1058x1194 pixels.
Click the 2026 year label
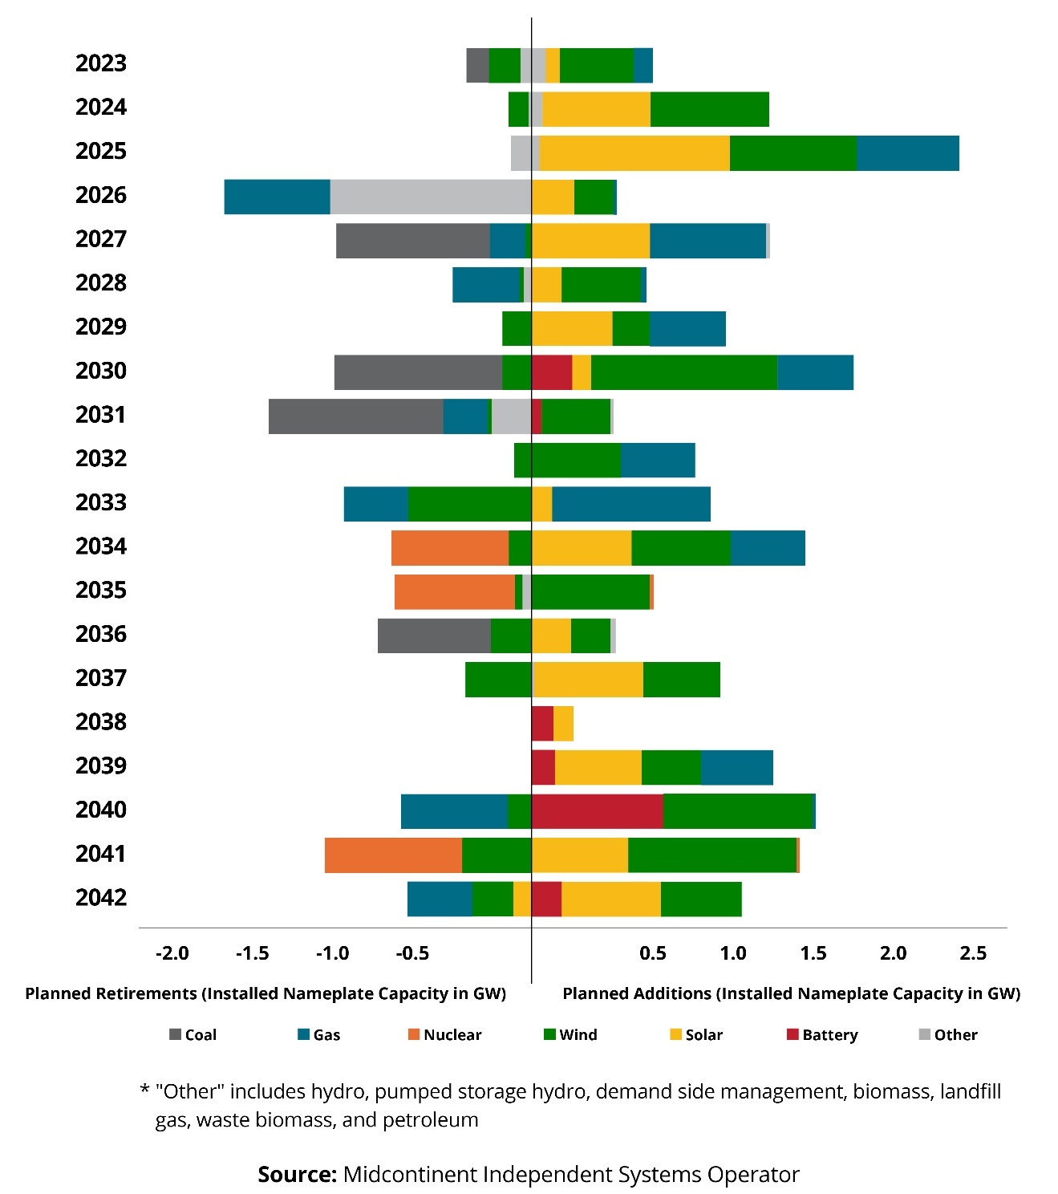pyautogui.click(x=101, y=195)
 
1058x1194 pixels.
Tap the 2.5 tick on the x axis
pyautogui.click(x=972, y=953)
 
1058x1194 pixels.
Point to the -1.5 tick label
pyautogui.click(x=252, y=953)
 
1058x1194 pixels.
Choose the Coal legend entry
pyautogui.click(x=193, y=1035)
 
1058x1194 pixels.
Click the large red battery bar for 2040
pyautogui.click(x=597, y=811)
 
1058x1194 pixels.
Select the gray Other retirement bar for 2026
pyautogui.click(x=431, y=197)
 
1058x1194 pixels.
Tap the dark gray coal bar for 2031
pyautogui.click(x=355, y=416)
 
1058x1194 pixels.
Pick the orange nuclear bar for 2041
pyautogui.click(x=393, y=855)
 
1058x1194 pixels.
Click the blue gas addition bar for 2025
pyautogui.click(x=907, y=153)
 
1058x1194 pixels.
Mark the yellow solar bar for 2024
pyautogui.click(x=596, y=110)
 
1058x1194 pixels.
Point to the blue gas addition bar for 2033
pyautogui.click(x=630, y=504)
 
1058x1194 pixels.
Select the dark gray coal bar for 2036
pyautogui.click(x=434, y=636)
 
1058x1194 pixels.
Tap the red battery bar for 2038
pyautogui.click(x=542, y=724)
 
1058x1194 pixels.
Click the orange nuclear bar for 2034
pyautogui.click(x=450, y=548)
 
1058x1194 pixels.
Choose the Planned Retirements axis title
pyautogui.click(x=266, y=993)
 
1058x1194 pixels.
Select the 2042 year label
pyautogui.click(x=101, y=897)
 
